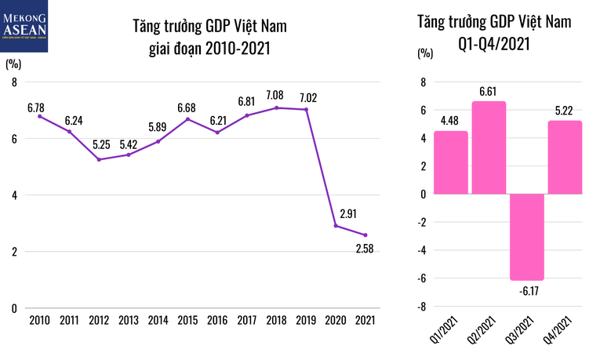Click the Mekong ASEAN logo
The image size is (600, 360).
point(24,27)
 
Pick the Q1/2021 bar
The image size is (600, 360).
point(451,162)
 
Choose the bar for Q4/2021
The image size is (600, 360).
point(565,157)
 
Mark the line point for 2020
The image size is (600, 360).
point(336,226)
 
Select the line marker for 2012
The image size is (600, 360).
point(99,159)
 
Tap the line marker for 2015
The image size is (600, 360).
point(187,119)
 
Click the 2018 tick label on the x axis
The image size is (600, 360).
point(276,320)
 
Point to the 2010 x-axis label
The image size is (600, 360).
point(39,320)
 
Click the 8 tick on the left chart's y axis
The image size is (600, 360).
point(13,82)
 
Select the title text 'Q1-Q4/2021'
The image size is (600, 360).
point(494,43)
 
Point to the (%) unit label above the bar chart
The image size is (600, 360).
point(424,54)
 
